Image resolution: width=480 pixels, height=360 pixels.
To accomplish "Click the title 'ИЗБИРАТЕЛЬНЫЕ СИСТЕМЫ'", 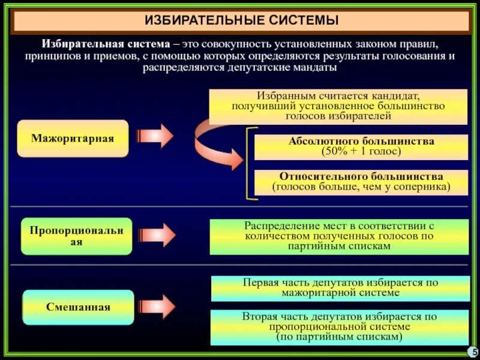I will pos(241,21).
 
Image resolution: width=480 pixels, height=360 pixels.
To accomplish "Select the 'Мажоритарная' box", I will pos(73,139).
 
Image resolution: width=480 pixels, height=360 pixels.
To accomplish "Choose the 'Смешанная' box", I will pos(78,307).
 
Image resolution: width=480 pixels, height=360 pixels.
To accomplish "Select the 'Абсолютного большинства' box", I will pos(361,146).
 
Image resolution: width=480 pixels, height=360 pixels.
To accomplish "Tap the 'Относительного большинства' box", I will pos(361,182).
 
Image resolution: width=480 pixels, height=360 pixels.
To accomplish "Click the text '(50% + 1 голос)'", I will pos(361,151).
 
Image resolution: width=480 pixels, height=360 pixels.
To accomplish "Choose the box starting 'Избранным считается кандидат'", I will pos(338,106).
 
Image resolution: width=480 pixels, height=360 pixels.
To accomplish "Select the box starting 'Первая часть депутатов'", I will pos(340,287).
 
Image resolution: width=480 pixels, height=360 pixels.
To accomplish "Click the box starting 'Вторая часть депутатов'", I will pos(340,327).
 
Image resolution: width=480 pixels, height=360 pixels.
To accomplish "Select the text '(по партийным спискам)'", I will pos(340,338).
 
